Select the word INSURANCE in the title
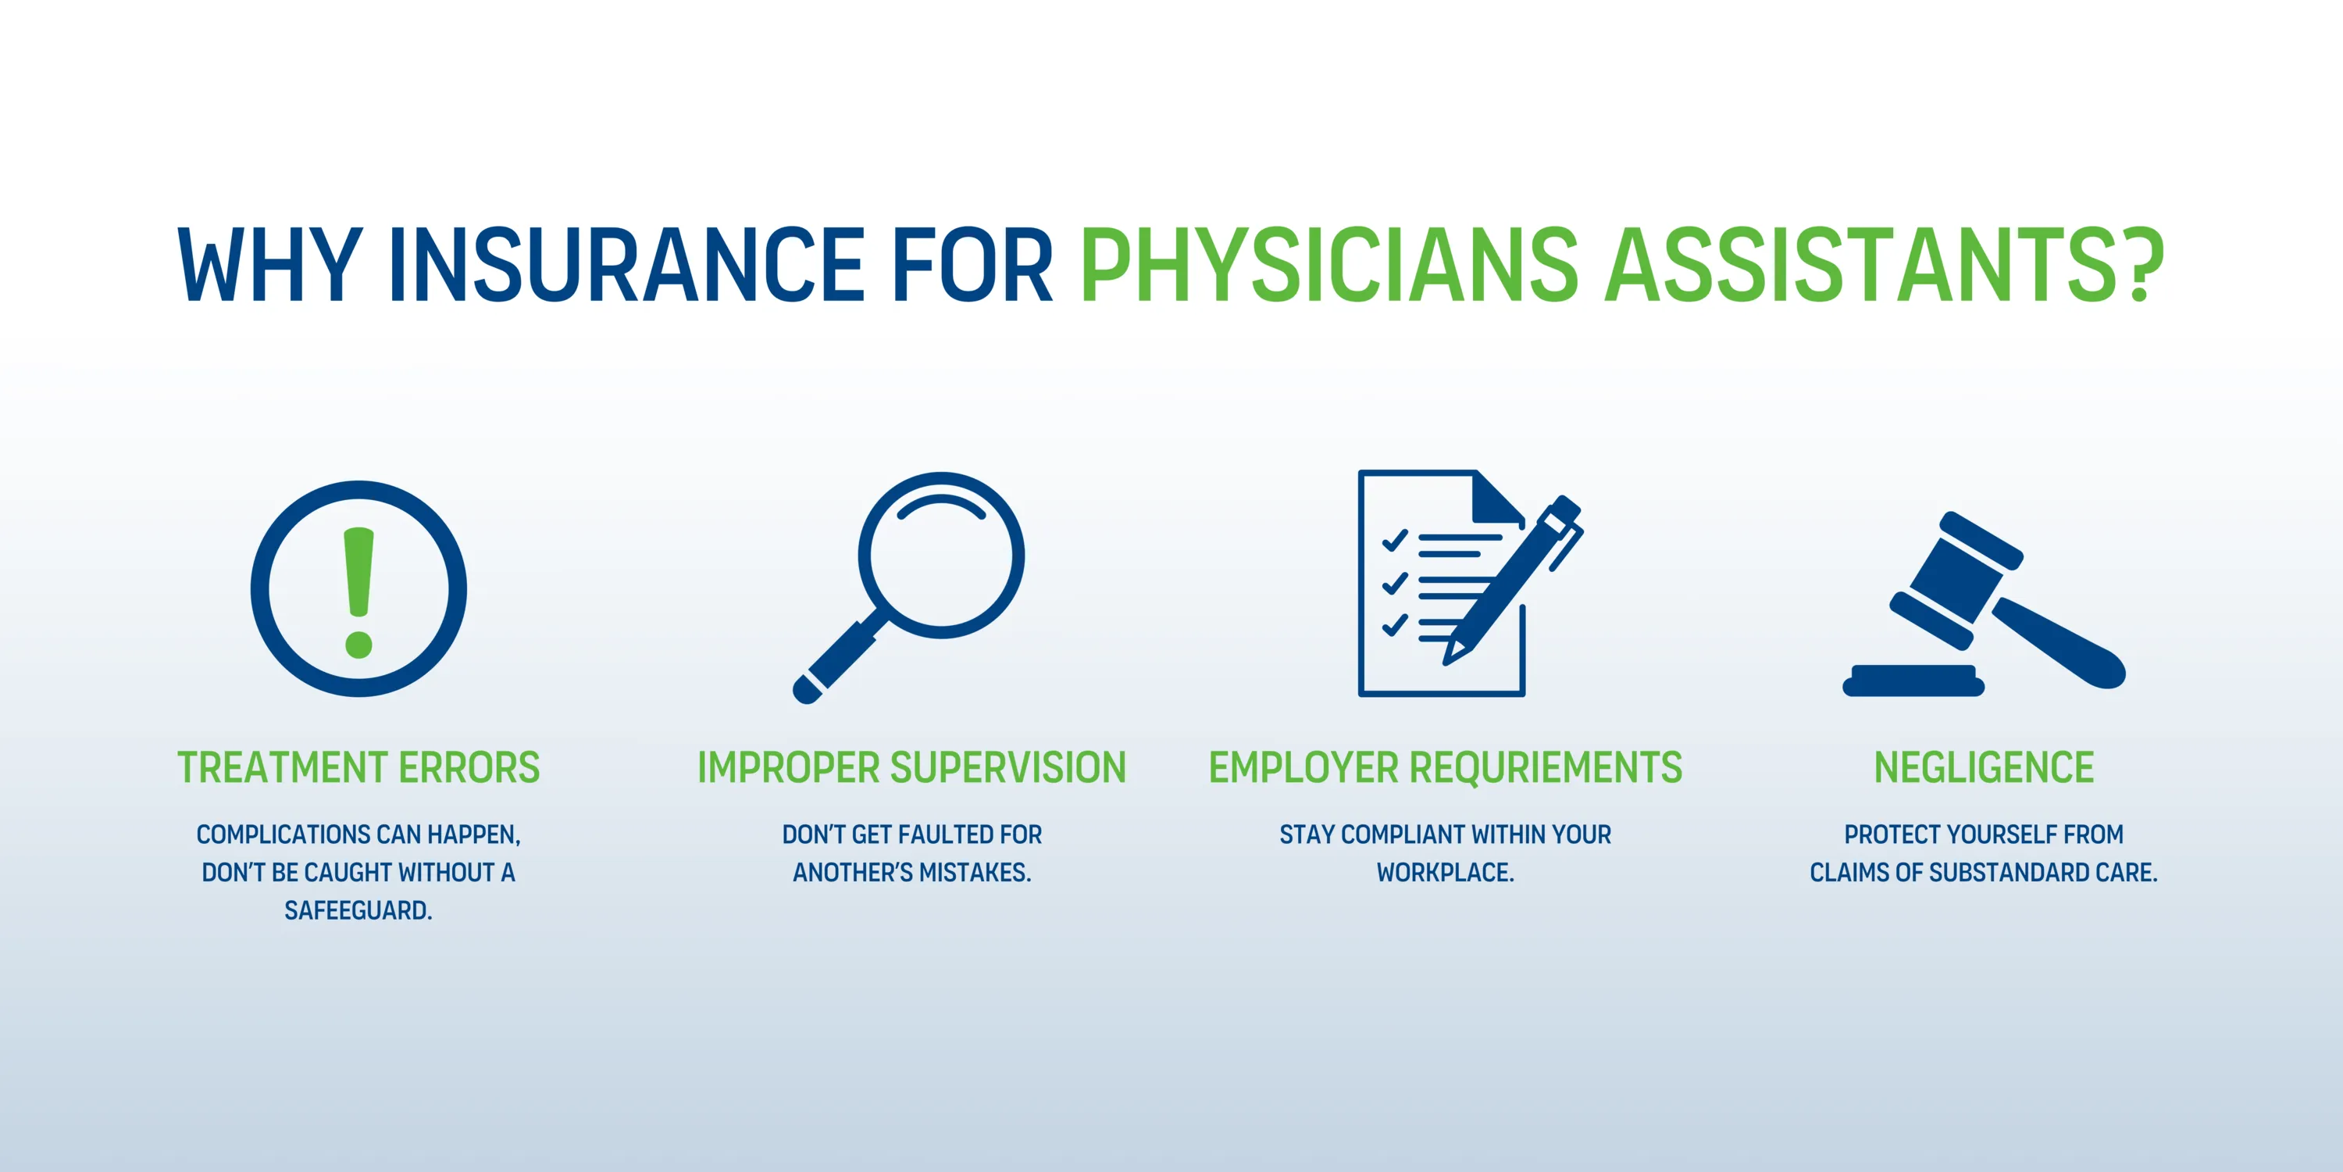click(626, 265)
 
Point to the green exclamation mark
click(358, 592)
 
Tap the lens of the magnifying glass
click(941, 555)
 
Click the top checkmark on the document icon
click(1394, 541)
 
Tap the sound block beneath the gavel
click(1913, 681)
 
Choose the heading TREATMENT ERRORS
click(358, 767)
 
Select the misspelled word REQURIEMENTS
click(1546, 767)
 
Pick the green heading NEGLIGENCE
click(1984, 767)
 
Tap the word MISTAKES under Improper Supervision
click(975, 873)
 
